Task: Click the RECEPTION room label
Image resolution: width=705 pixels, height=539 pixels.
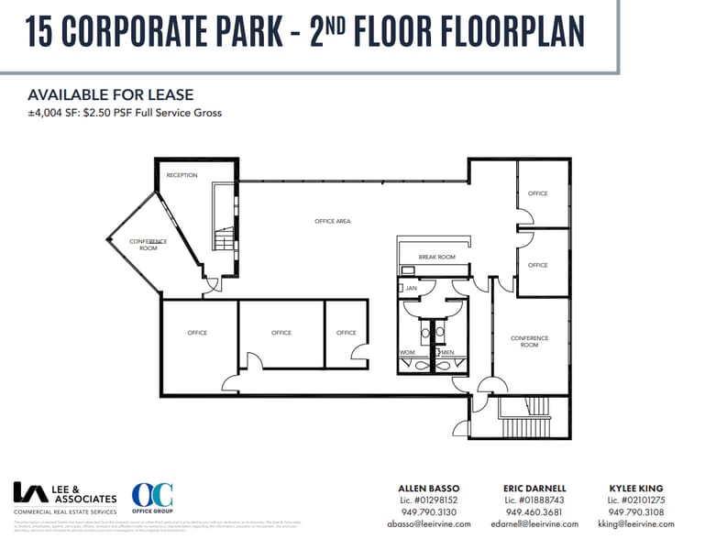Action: (x=182, y=175)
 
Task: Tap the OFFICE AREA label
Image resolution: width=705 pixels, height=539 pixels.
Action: (x=332, y=221)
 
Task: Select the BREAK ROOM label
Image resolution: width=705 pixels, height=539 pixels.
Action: (x=436, y=258)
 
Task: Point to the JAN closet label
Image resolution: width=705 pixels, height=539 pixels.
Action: (x=411, y=288)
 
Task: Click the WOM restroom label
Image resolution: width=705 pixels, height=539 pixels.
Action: (x=407, y=352)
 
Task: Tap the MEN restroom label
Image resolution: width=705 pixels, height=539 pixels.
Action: (x=448, y=352)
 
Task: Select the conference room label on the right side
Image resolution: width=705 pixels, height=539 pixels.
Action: (x=529, y=341)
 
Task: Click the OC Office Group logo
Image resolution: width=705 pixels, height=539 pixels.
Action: (x=151, y=500)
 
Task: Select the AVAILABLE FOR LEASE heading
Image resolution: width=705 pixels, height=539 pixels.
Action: (x=110, y=95)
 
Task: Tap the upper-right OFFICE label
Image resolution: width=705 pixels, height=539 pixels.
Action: (x=537, y=193)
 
